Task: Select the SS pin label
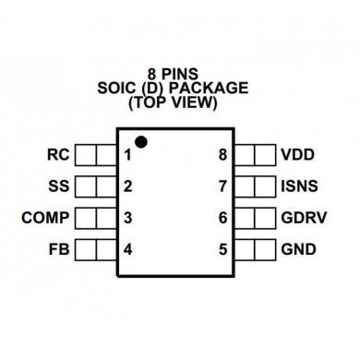point(58,186)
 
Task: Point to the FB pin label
point(58,249)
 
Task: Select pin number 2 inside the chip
point(128,186)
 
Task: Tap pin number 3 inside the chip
point(128,218)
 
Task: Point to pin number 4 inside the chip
point(128,249)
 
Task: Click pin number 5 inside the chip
point(222,249)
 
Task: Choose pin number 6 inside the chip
point(222,218)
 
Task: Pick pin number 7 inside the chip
point(222,186)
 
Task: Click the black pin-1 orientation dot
point(141,141)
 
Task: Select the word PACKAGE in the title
point(213,89)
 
